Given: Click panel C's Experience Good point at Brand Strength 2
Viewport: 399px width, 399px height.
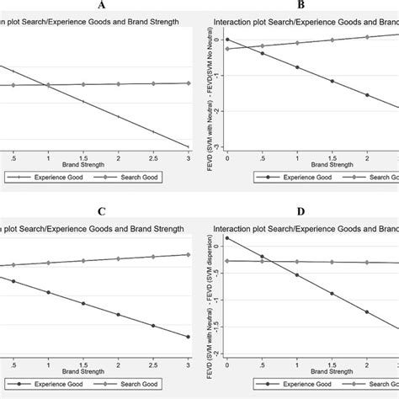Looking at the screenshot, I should point(119,315).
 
